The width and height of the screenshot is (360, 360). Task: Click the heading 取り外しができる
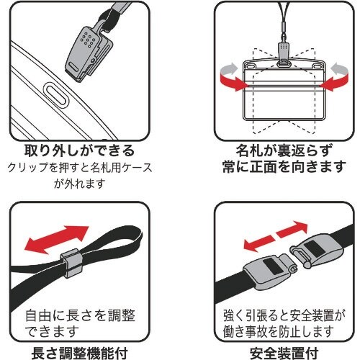click(x=80, y=150)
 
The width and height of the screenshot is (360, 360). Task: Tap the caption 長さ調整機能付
click(x=79, y=353)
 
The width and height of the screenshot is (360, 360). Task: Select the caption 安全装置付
click(x=284, y=353)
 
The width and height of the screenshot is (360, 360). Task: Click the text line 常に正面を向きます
click(x=284, y=167)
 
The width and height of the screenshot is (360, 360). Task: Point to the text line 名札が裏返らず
click(x=284, y=150)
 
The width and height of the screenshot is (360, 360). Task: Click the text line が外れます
click(x=80, y=184)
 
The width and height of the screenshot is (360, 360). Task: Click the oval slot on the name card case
click(x=56, y=95)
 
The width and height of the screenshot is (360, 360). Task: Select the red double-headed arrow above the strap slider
click(x=57, y=240)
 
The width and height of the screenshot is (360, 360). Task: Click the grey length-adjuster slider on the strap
click(x=71, y=263)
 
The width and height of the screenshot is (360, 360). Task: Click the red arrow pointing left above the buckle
click(x=258, y=243)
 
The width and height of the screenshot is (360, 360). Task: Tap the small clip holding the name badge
click(x=284, y=55)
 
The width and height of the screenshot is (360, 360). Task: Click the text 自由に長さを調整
click(x=81, y=315)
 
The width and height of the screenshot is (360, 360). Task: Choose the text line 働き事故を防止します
click(x=279, y=332)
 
